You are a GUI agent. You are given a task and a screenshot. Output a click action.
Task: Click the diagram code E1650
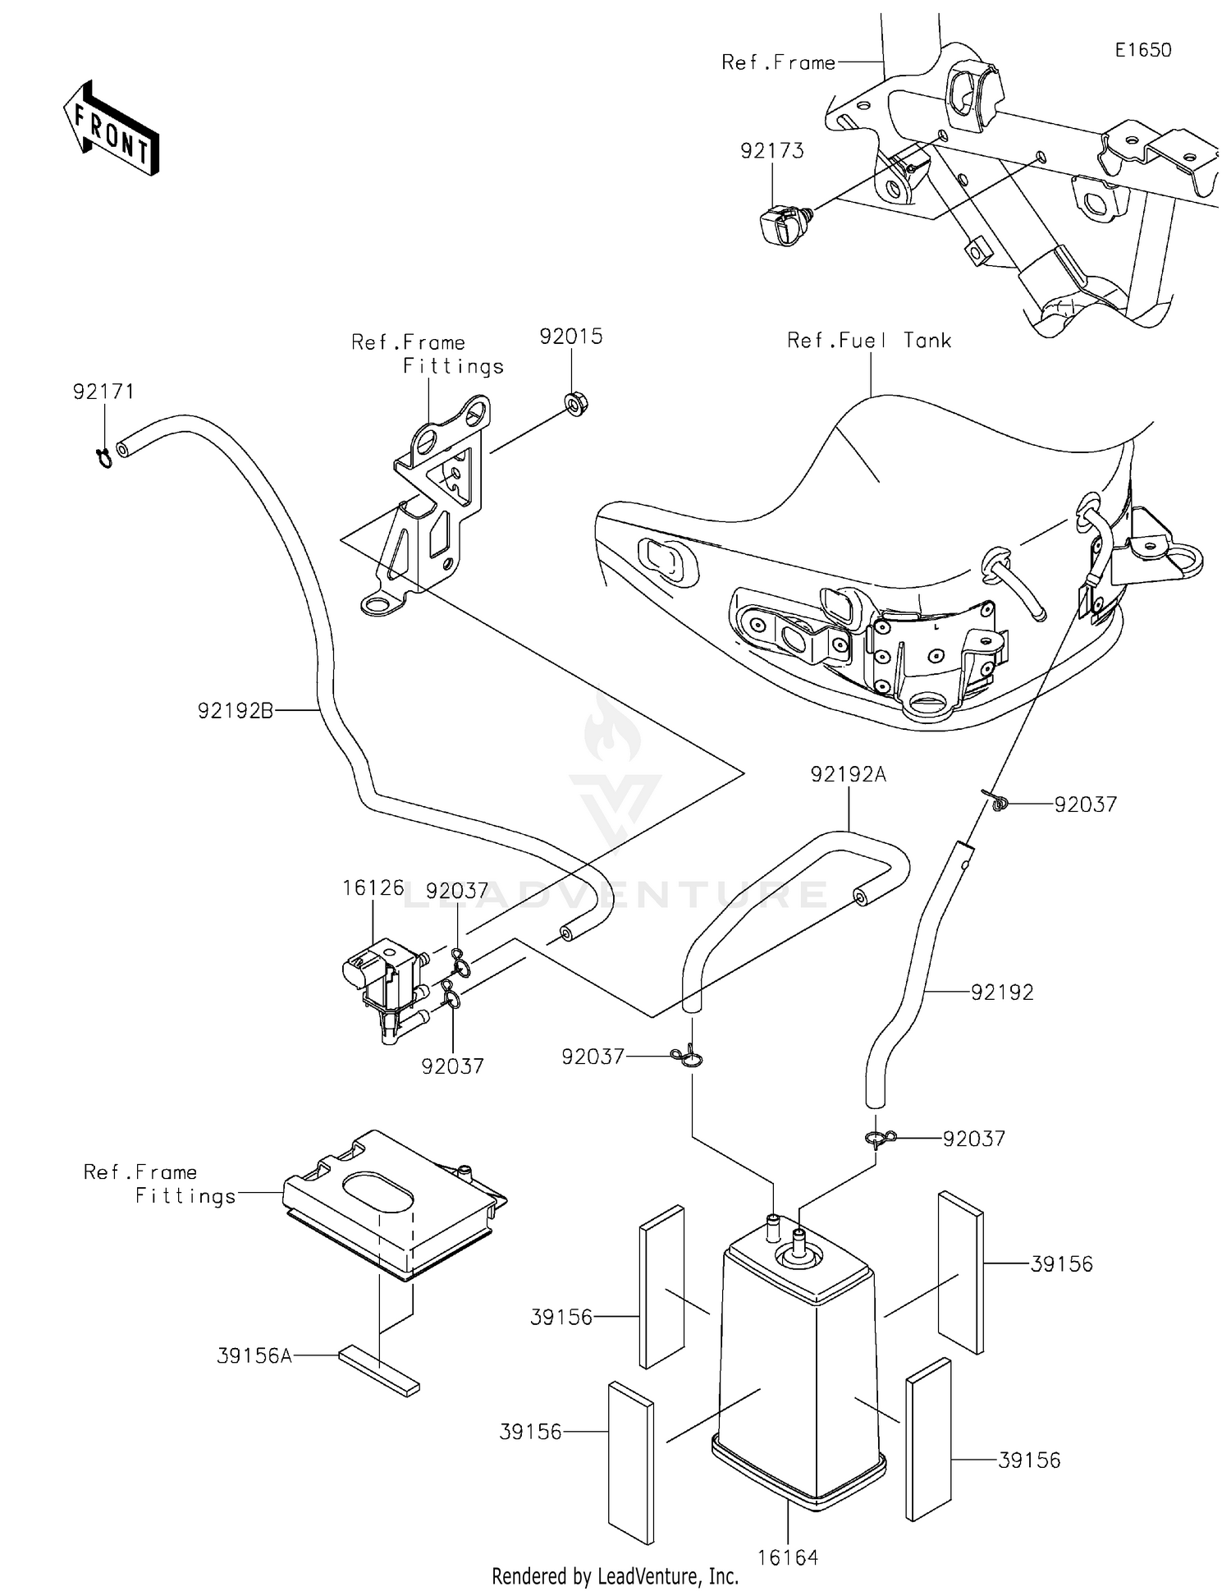click(1142, 50)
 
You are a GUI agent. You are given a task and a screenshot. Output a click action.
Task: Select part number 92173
click(771, 151)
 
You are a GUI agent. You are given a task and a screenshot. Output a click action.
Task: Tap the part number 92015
click(570, 337)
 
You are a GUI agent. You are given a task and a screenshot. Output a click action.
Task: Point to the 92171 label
click(103, 392)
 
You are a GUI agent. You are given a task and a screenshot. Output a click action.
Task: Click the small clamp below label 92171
click(104, 458)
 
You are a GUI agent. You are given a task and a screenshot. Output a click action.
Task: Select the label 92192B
click(235, 711)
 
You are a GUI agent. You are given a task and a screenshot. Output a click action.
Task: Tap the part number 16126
click(373, 888)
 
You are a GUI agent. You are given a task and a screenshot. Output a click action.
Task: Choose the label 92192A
click(848, 774)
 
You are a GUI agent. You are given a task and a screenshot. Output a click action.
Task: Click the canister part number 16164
click(787, 1557)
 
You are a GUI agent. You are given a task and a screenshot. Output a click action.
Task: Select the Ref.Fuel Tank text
click(868, 341)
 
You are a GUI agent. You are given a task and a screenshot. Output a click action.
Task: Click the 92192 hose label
click(1001, 993)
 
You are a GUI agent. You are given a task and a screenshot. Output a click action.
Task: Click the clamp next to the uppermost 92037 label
click(995, 801)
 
